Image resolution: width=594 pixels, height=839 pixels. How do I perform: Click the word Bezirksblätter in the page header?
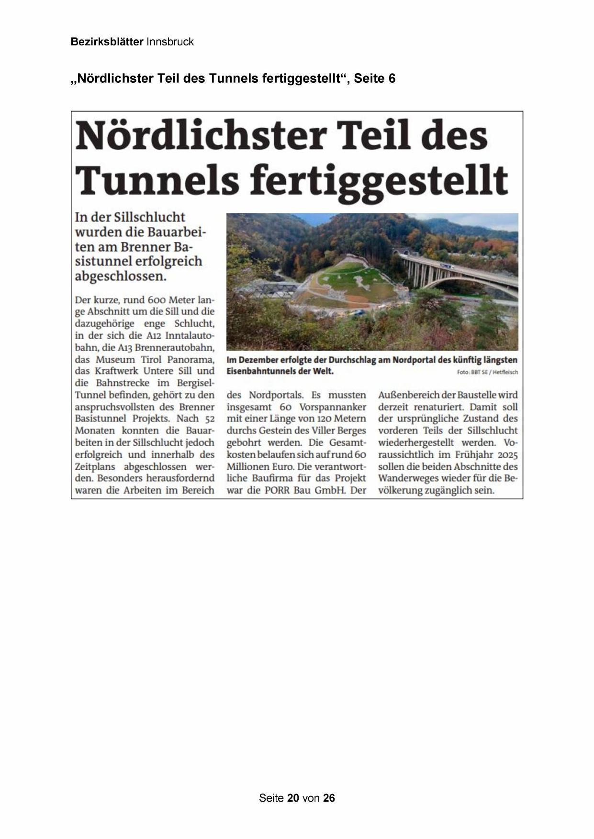[107, 42]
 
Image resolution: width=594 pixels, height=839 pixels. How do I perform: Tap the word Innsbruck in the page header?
[170, 42]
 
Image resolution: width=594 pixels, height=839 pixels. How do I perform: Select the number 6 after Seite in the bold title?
[392, 78]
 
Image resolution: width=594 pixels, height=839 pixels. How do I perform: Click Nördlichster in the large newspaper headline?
[200, 136]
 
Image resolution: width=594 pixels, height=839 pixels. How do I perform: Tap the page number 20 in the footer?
[293, 798]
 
